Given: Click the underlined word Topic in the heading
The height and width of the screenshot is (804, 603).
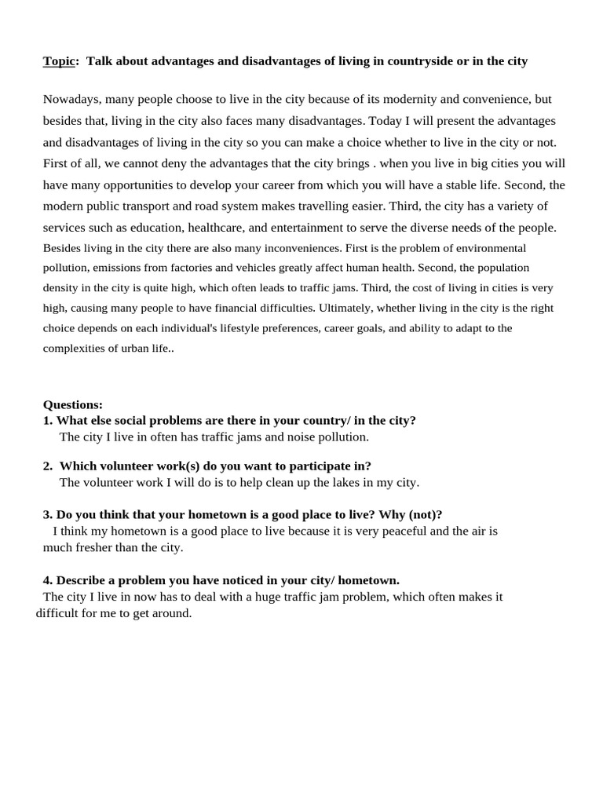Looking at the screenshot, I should pyautogui.click(x=59, y=61).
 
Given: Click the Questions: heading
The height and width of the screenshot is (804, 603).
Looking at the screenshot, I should pyautogui.click(x=72, y=405).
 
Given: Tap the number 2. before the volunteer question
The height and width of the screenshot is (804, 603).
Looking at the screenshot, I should pyautogui.click(x=48, y=466).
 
